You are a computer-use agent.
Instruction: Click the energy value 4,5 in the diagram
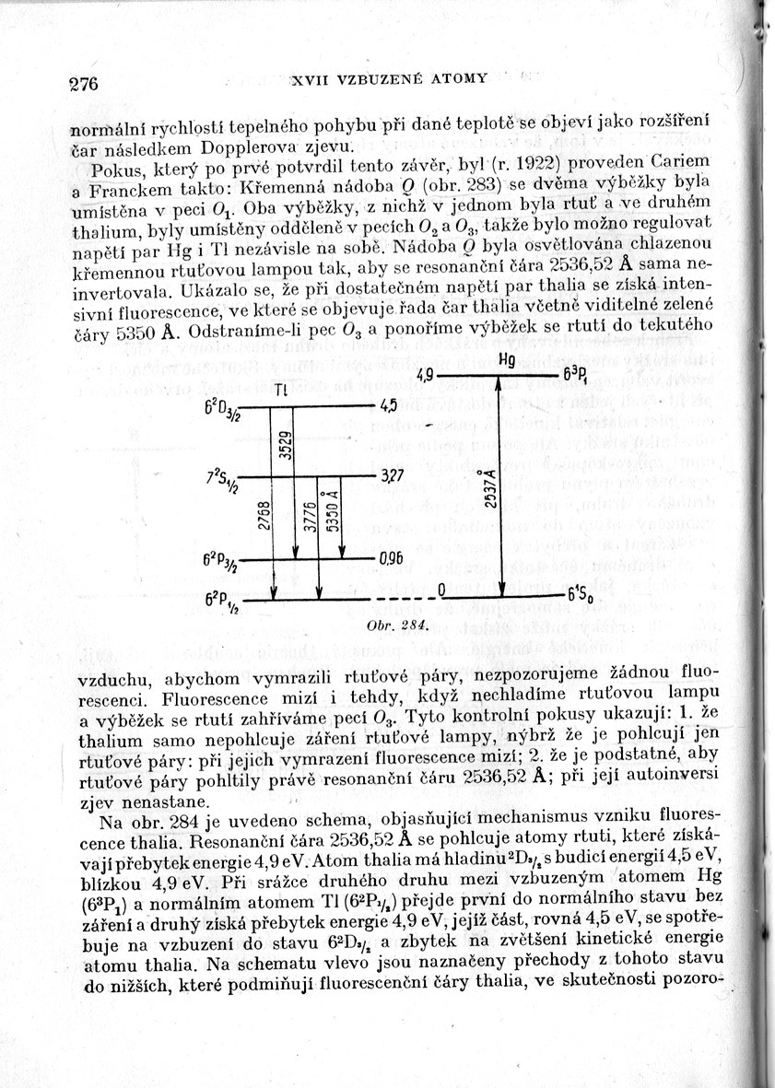point(388,405)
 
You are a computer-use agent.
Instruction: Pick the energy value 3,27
point(391,475)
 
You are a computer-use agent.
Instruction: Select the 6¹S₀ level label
point(579,598)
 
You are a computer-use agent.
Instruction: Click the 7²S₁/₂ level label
point(223,480)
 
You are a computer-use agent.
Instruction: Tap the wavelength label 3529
point(286,445)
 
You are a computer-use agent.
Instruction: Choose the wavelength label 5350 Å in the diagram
point(335,516)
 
